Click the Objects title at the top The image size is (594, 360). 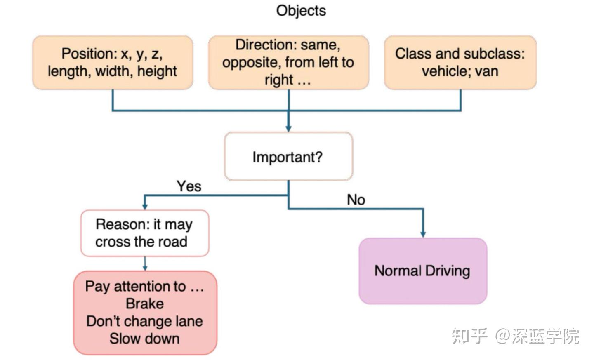click(x=301, y=11)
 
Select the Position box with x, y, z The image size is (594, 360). click(x=113, y=63)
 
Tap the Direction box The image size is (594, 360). click(x=288, y=63)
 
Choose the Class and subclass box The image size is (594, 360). click(x=460, y=63)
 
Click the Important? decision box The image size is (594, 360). click(x=288, y=156)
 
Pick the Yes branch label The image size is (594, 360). click(x=189, y=186)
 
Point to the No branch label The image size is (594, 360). click(x=356, y=200)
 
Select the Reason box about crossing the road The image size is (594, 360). click(x=145, y=233)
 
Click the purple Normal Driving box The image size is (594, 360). click(x=423, y=271)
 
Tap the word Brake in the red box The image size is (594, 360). click(x=145, y=304)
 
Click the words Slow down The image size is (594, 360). click(x=144, y=339)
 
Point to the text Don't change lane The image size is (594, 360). click(x=144, y=321)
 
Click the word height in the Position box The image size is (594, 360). click(x=157, y=72)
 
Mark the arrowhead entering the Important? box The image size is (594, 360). click(x=288, y=129)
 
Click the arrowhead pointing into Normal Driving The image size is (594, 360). click(x=423, y=234)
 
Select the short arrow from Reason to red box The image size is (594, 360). click(x=145, y=264)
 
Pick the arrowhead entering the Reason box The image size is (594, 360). click(x=145, y=207)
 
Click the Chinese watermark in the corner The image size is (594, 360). click(x=515, y=336)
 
